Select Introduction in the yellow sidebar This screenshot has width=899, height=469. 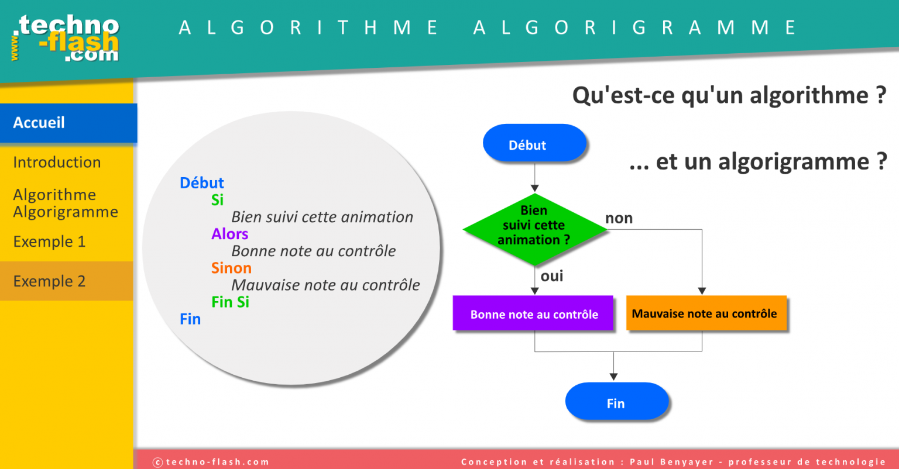[57, 163]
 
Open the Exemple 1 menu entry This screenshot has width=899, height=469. [49, 242]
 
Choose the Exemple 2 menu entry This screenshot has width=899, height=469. [49, 281]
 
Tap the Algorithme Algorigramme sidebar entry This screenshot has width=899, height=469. [65, 204]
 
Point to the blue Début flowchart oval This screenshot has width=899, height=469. [534, 144]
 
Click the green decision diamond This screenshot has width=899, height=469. [534, 228]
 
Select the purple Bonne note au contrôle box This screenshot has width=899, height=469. [533, 313]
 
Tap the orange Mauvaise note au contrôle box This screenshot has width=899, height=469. [706, 313]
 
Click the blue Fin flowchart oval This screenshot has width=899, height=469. [616, 402]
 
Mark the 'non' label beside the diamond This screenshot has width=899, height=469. [619, 219]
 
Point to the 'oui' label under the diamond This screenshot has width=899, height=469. [552, 276]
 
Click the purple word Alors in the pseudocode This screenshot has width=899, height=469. [229, 234]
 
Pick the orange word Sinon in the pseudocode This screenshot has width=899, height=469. [231, 268]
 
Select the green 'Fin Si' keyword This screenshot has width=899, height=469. [230, 302]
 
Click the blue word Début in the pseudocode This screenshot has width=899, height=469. [201, 183]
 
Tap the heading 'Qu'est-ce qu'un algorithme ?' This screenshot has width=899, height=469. [729, 95]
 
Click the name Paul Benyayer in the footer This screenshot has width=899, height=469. [672, 462]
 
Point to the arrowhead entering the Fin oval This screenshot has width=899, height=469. [613, 377]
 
